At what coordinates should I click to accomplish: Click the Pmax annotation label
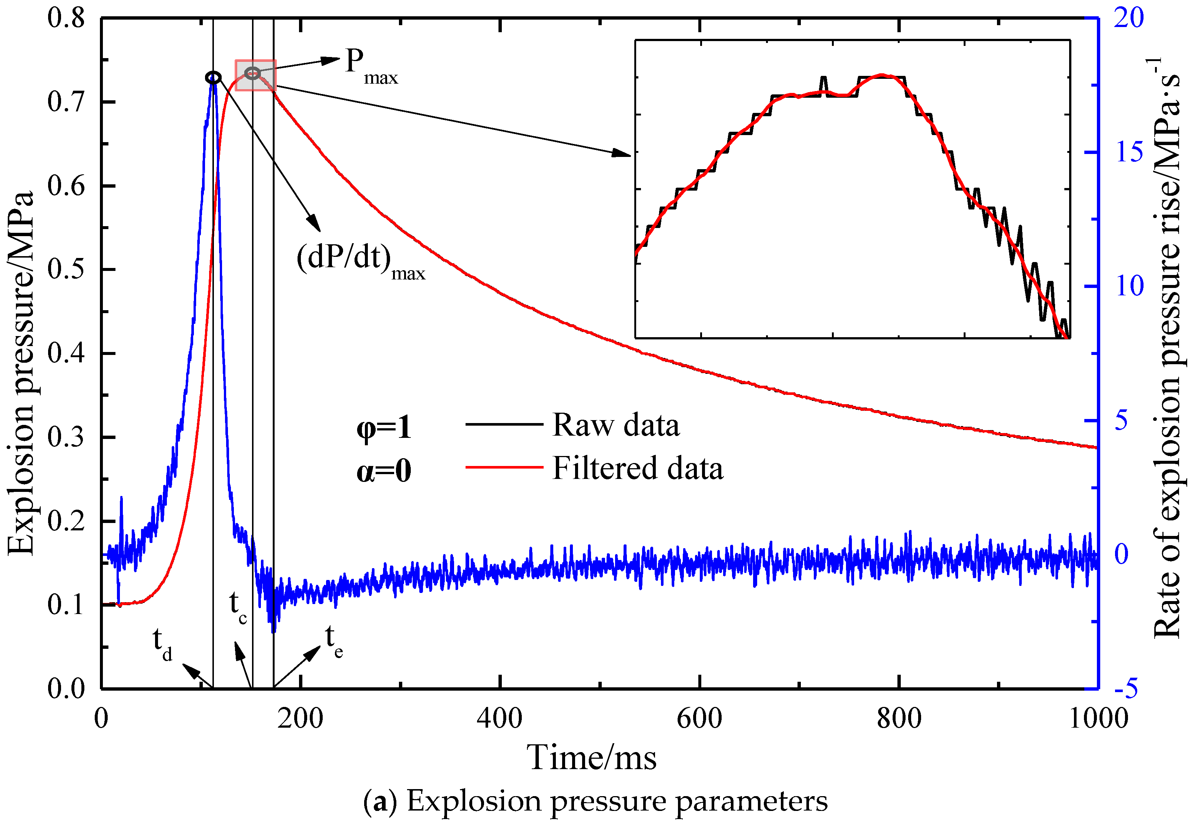click(x=370, y=66)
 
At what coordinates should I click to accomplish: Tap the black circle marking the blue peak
click(x=213, y=77)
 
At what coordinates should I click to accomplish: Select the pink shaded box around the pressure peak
click(x=256, y=76)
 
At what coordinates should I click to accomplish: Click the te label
click(x=333, y=641)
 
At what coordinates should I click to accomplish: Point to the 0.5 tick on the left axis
click(x=66, y=269)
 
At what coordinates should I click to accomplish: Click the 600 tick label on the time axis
click(x=699, y=718)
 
